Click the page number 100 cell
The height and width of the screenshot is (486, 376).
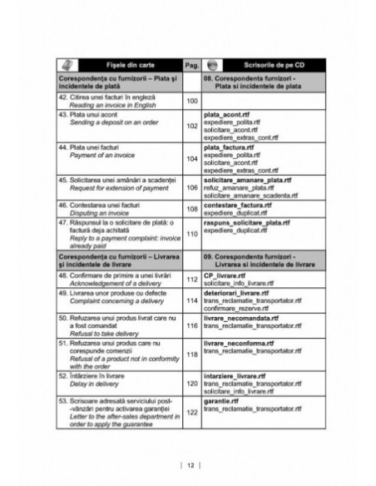tap(191, 100)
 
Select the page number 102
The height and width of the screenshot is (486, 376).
tap(191, 126)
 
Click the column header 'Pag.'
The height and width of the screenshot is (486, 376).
tap(191, 63)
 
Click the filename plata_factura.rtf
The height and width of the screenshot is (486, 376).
tap(230, 146)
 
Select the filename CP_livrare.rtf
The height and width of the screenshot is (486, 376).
tap(225, 275)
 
